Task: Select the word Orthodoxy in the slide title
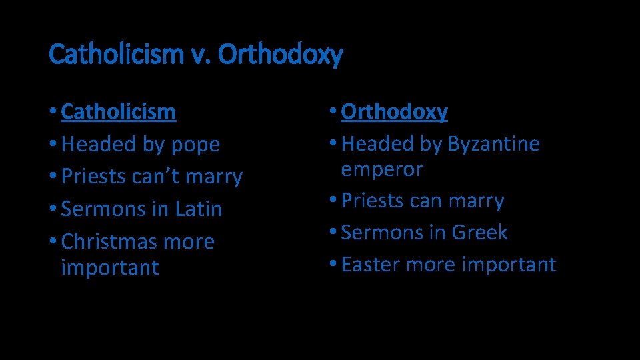pyautogui.click(x=280, y=55)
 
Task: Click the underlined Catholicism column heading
pyautogui.click(x=118, y=111)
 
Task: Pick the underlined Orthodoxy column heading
pyautogui.click(x=394, y=111)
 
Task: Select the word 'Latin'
pyautogui.click(x=198, y=209)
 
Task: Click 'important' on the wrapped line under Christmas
pyautogui.click(x=110, y=267)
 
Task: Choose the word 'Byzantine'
pyautogui.click(x=493, y=144)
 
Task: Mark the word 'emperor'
pyautogui.click(x=382, y=169)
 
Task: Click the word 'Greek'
pyautogui.click(x=479, y=233)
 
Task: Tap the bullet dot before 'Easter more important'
pyautogui.click(x=333, y=265)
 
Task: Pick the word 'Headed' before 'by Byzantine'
pyautogui.click(x=377, y=144)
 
